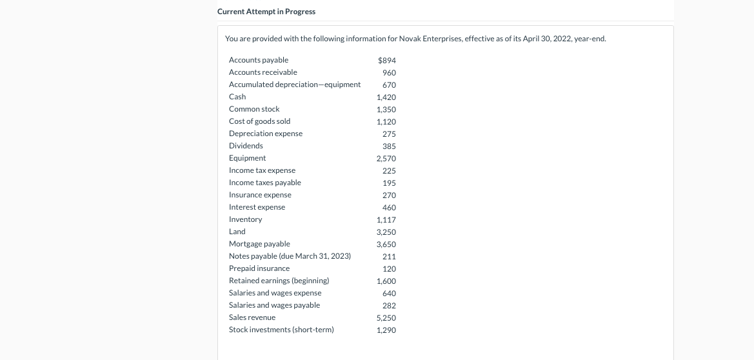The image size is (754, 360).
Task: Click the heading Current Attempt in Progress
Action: click(x=266, y=12)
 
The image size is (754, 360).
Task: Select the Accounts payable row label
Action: click(x=259, y=60)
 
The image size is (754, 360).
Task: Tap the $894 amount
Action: click(x=387, y=61)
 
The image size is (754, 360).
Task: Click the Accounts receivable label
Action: click(x=263, y=72)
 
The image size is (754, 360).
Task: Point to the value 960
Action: click(x=389, y=73)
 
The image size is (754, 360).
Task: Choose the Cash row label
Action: click(x=237, y=97)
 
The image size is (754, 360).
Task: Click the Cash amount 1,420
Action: click(x=386, y=97)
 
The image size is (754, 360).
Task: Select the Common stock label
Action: click(x=254, y=109)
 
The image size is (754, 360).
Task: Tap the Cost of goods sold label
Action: click(x=259, y=121)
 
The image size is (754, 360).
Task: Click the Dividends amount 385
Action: click(x=389, y=146)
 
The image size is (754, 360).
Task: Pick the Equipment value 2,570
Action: click(x=386, y=159)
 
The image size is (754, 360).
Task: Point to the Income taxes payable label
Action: click(x=265, y=183)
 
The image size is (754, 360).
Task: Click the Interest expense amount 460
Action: click(x=389, y=208)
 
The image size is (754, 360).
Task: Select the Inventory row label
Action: click(x=245, y=219)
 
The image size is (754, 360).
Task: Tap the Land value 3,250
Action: click(x=386, y=232)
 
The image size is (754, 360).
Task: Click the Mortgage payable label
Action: click(x=259, y=244)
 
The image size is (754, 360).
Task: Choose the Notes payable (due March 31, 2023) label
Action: click(x=290, y=256)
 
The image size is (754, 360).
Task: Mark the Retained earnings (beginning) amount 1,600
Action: click(x=386, y=281)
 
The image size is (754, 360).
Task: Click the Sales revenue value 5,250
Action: click(x=386, y=318)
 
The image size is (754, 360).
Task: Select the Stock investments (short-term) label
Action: click(x=281, y=330)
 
